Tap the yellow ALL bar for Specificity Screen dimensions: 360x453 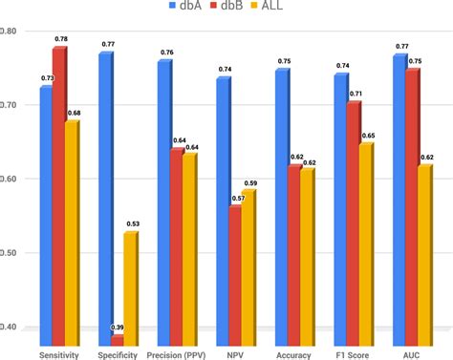[130, 287]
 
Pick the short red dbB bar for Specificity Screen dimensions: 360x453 [116, 340]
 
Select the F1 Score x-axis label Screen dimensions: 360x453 [354, 354]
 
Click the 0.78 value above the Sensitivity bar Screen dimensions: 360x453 [61, 39]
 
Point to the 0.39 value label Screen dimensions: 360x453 [118, 328]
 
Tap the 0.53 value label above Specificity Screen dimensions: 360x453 [132, 223]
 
